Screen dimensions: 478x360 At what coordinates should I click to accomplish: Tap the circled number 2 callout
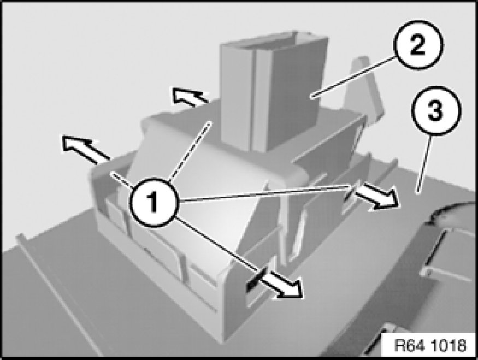point(418,45)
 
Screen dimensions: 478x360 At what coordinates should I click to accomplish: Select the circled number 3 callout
point(436,111)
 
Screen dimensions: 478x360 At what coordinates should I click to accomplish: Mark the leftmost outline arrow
point(85,149)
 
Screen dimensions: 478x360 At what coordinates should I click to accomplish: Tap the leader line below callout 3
point(424,164)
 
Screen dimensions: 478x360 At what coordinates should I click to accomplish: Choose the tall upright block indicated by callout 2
point(272,91)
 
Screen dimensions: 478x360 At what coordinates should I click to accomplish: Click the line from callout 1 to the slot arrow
point(219,243)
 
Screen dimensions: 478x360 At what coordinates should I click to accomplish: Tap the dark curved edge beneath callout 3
point(451,211)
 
